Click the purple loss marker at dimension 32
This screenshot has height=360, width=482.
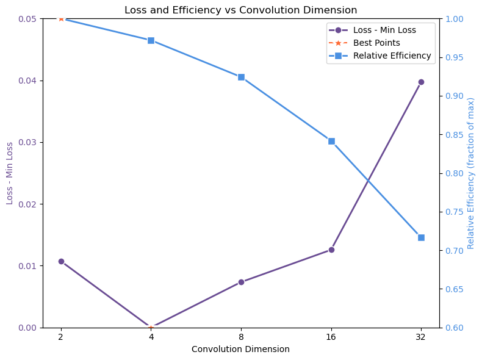pos(421,82)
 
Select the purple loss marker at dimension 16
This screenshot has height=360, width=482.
pos(331,250)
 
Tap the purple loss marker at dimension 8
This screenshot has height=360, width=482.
pos(241,282)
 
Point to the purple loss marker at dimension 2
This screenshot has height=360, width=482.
pos(61,261)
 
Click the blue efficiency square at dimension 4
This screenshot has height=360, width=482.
pos(151,40)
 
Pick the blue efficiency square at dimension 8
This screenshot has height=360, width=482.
pos(241,77)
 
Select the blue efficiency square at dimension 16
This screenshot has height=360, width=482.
pos(331,141)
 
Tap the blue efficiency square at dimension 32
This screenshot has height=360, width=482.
pos(421,237)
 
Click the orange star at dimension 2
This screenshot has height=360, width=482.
pos(61,18)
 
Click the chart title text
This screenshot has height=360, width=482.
pos(240,10)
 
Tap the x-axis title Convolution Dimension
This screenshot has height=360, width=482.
pos(240,349)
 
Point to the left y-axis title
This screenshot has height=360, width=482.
pos(10,173)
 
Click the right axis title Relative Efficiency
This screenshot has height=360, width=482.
pos(471,173)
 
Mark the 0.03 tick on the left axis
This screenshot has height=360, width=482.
pos(31,142)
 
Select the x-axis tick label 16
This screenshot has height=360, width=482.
pos(331,337)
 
